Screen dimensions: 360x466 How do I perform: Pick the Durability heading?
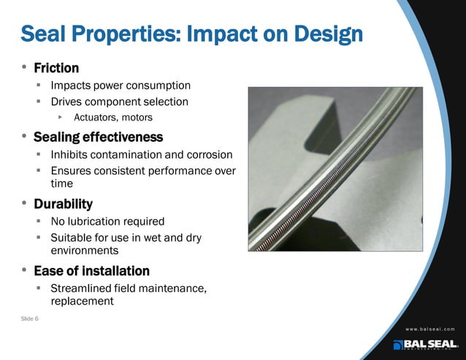(63, 204)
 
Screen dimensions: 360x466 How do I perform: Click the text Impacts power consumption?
(121, 85)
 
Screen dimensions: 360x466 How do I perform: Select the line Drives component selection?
(119, 102)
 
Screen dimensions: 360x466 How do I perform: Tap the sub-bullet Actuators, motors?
(113, 117)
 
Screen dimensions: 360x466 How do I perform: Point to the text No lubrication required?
(107, 221)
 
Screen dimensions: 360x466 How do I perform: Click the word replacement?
(82, 301)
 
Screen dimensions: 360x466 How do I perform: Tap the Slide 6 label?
(30, 319)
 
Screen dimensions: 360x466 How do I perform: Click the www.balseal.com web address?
(419, 329)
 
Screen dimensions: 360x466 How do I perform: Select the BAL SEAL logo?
(425, 344)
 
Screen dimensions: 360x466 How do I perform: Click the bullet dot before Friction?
(24, 68)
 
